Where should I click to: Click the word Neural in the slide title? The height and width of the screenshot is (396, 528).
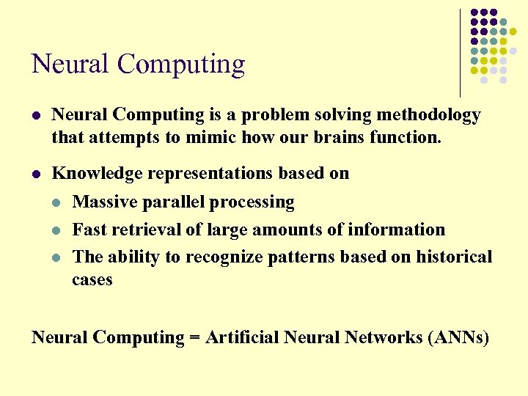(x=71, y=65)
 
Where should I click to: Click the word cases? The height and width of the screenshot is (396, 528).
(x=92, y=279)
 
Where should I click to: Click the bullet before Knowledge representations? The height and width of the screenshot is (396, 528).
(x=37, y=175)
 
